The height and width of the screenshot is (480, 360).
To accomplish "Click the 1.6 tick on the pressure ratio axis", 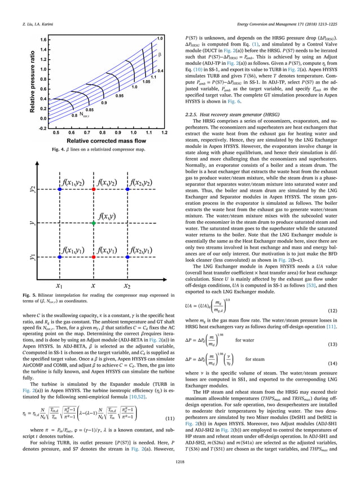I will [x=43, y=40].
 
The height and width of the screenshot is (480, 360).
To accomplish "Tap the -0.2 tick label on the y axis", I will [x=42, y=128].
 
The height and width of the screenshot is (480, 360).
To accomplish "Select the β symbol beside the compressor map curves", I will [x=160, y=55].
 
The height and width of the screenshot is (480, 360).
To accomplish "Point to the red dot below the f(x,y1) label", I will [x=94, y=257].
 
